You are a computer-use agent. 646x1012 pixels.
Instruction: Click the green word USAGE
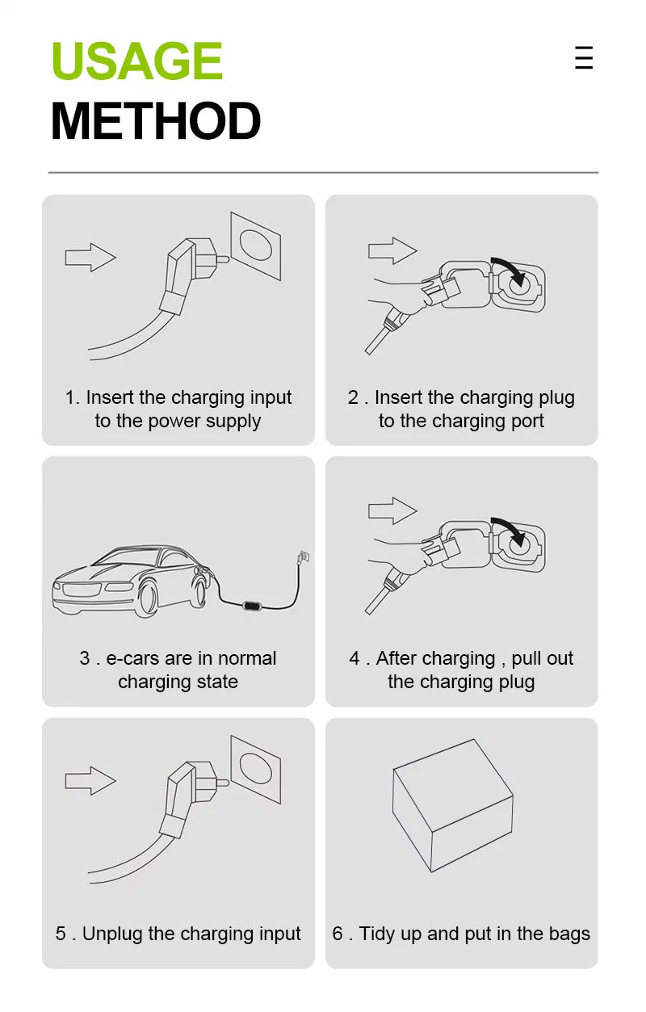pos(136,61)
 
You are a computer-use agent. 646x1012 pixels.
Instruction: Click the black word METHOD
pos(156,121)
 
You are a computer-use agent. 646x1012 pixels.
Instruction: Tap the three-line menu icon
pos(584,58)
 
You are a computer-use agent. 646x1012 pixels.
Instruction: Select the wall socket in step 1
pos(256,246)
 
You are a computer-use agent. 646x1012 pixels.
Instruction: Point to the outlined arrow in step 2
pos(392,250)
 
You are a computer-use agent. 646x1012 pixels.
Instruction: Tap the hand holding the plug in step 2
pos(396,292)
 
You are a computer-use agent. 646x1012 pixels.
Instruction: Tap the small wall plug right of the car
pos(304,556)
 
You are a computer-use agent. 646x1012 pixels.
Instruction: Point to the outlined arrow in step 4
pos(392,511)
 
